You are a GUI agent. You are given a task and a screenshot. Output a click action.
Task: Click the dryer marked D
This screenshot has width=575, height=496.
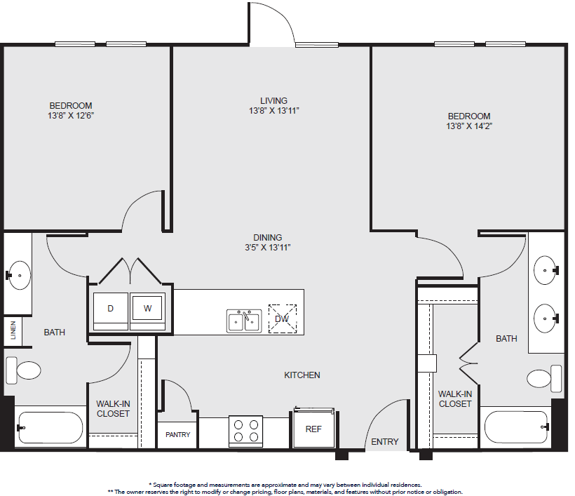tap(110, 311)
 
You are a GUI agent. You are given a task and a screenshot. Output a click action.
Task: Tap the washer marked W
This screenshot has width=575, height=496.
tap(147, 311)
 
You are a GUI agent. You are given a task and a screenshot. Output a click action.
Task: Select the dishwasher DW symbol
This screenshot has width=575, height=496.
tap(283, 319)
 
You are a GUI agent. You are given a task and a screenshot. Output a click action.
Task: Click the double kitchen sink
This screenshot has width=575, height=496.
tap(244, 321)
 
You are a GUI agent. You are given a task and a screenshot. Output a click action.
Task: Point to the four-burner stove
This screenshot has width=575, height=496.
tap(245, 431)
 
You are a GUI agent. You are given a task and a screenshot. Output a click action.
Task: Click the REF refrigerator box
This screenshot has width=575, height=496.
tap(313, 428)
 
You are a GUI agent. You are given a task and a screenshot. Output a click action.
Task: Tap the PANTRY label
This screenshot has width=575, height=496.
tap(178, 435)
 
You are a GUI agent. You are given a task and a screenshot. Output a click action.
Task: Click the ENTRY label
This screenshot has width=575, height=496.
tap(385, 442)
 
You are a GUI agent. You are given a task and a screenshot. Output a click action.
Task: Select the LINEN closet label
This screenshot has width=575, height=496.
tap(13, 330)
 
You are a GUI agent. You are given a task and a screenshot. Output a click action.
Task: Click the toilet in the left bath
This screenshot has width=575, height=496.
tap(23, 370)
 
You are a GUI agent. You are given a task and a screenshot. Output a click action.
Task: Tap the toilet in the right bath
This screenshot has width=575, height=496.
tap(544, 379)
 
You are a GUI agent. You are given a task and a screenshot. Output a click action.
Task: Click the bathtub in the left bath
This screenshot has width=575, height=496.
tap(50, 427)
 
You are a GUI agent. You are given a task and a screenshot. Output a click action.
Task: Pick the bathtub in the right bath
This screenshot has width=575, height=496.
tap(517, 427)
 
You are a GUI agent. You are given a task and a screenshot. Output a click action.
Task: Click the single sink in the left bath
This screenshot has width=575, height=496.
tap(18, 275)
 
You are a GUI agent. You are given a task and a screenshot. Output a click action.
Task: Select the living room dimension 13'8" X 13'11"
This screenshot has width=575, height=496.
tap(274, 111)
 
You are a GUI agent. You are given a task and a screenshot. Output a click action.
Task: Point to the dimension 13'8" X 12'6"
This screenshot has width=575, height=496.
tap(71, 116)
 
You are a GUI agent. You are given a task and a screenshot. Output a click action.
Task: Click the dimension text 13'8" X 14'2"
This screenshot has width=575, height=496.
tap(469, 126)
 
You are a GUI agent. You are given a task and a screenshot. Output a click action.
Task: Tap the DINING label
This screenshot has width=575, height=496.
tap(268, 237)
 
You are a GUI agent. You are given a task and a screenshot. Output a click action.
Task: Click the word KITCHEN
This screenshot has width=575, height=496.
tap(302, 375)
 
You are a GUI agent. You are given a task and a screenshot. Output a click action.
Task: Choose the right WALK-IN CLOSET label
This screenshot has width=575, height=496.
tap(455, 398)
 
